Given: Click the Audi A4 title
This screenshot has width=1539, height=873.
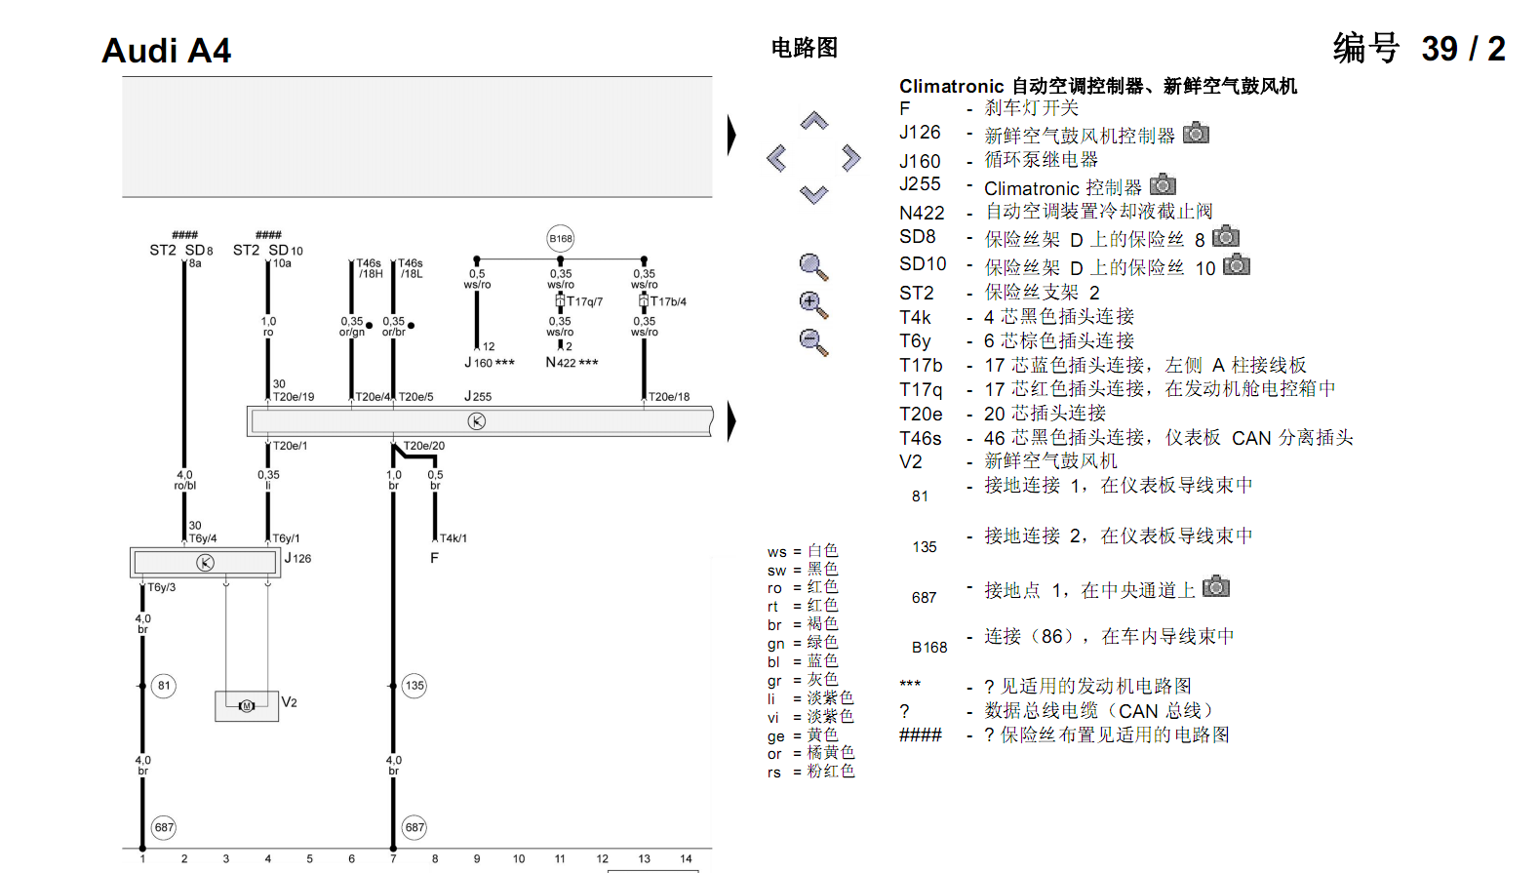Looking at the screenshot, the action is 166,50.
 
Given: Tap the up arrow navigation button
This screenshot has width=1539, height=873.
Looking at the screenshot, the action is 814,121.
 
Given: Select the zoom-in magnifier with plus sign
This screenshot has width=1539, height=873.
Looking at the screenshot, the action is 813,304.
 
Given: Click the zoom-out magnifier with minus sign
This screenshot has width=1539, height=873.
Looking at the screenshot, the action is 813,342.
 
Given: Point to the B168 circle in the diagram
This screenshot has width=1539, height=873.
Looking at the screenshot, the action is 561,239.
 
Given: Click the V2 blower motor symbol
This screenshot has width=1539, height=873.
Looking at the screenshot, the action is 247,706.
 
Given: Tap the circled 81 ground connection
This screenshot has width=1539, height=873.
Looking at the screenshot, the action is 164,686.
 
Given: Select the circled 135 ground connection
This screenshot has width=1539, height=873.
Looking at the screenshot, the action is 414,686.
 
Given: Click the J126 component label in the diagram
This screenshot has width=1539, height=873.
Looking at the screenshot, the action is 298,558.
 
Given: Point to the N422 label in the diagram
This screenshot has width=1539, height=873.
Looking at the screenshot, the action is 572,362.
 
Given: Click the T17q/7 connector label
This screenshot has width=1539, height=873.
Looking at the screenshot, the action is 584,301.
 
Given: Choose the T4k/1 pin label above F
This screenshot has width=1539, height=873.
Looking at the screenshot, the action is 454,538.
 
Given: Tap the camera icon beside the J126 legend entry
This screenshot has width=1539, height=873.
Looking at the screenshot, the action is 1196,133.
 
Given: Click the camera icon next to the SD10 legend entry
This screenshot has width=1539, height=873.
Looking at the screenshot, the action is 1237,264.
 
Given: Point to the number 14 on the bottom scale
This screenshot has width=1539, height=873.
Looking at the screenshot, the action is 686,858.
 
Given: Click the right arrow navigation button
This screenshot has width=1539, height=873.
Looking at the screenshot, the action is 851,158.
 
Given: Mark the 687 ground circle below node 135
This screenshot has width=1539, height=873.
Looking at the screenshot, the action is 414,827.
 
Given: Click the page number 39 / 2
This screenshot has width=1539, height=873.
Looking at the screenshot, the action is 1463,49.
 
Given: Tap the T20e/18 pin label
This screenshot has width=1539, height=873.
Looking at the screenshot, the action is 669,397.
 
